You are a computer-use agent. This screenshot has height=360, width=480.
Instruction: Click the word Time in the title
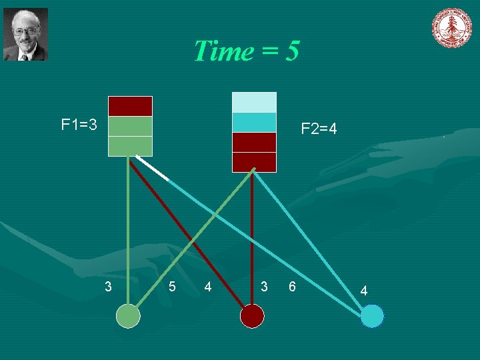click(x=223, y=51)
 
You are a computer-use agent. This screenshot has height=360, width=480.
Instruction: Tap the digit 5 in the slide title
click(x=292, y=51)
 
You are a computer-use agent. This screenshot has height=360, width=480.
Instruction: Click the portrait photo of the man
click(x=25, y=34)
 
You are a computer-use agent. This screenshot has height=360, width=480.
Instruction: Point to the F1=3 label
click(x=79, y=125)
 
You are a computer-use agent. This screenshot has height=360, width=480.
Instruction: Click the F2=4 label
click(x=319, y=129)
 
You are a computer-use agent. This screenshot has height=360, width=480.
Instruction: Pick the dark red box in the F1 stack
click(x=130, y=106)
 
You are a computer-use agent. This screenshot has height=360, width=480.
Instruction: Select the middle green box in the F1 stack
click(x=130, y=126)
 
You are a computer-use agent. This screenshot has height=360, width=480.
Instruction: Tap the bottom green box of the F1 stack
click(x=130, y=146)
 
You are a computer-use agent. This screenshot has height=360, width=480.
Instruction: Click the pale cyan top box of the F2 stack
click(x=253, y=102)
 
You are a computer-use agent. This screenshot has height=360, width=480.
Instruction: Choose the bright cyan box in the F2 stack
click(x=253, y=123)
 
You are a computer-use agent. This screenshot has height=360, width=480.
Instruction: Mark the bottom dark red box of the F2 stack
click(x=253, y=162)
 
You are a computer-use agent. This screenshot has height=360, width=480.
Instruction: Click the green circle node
click(x=128, y=316)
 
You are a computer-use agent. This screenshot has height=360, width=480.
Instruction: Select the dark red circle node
click(x=251, y=316)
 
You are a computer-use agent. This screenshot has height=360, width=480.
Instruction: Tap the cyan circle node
click(x=372, y=316)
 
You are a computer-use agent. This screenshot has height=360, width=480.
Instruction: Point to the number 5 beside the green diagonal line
click(x=172, y=287)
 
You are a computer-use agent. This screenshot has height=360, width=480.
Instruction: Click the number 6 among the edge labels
click(x=291, y=287)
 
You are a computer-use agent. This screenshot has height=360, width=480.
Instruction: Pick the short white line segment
click(x=152, y=169)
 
